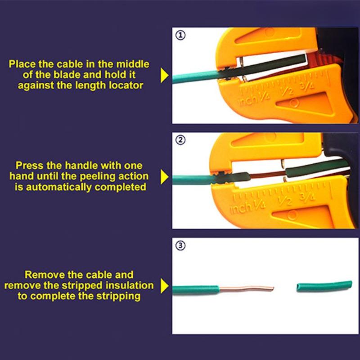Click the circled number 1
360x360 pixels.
[x=180, y=35]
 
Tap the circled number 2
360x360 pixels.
[x=180, y=140]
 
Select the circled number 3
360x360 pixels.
[x=180, y=245]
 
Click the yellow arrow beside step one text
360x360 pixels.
[x=165, y=75]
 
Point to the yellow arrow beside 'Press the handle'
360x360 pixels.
[x=165, y=177]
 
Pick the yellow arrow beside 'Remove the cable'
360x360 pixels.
[x=165, y=286]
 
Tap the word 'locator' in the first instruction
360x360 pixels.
[x=126, y=85]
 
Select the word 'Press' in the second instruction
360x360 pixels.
[x=29, y=166]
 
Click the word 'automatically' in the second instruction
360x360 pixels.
[x=59, y=187]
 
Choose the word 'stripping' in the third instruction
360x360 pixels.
[x=118, y=296]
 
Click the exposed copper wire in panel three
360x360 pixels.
[x=247, y=288]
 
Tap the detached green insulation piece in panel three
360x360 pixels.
[x=324, y=286]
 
